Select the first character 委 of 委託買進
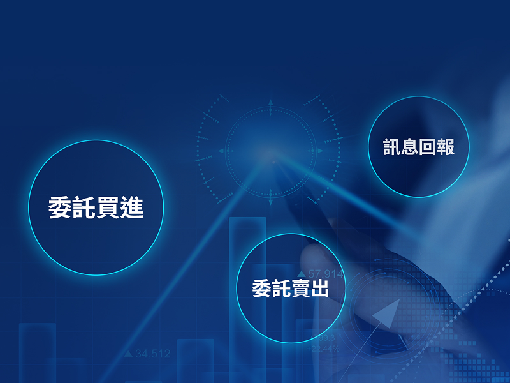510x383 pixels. point(61,208)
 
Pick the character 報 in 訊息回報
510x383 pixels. point(445,146)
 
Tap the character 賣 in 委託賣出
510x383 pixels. point(300,289)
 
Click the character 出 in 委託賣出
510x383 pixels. point(319,289)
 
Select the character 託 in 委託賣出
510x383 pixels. point(281,289)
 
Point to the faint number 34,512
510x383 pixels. point(153,353)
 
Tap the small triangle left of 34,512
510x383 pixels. point(128,353)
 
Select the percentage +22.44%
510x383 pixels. point(323,349)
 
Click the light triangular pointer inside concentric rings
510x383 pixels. point(386,314)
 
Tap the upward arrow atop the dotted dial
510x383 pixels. point(270,102)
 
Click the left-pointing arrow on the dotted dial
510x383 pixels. point(221,151)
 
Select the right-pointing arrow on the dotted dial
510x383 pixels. point(319,151)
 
